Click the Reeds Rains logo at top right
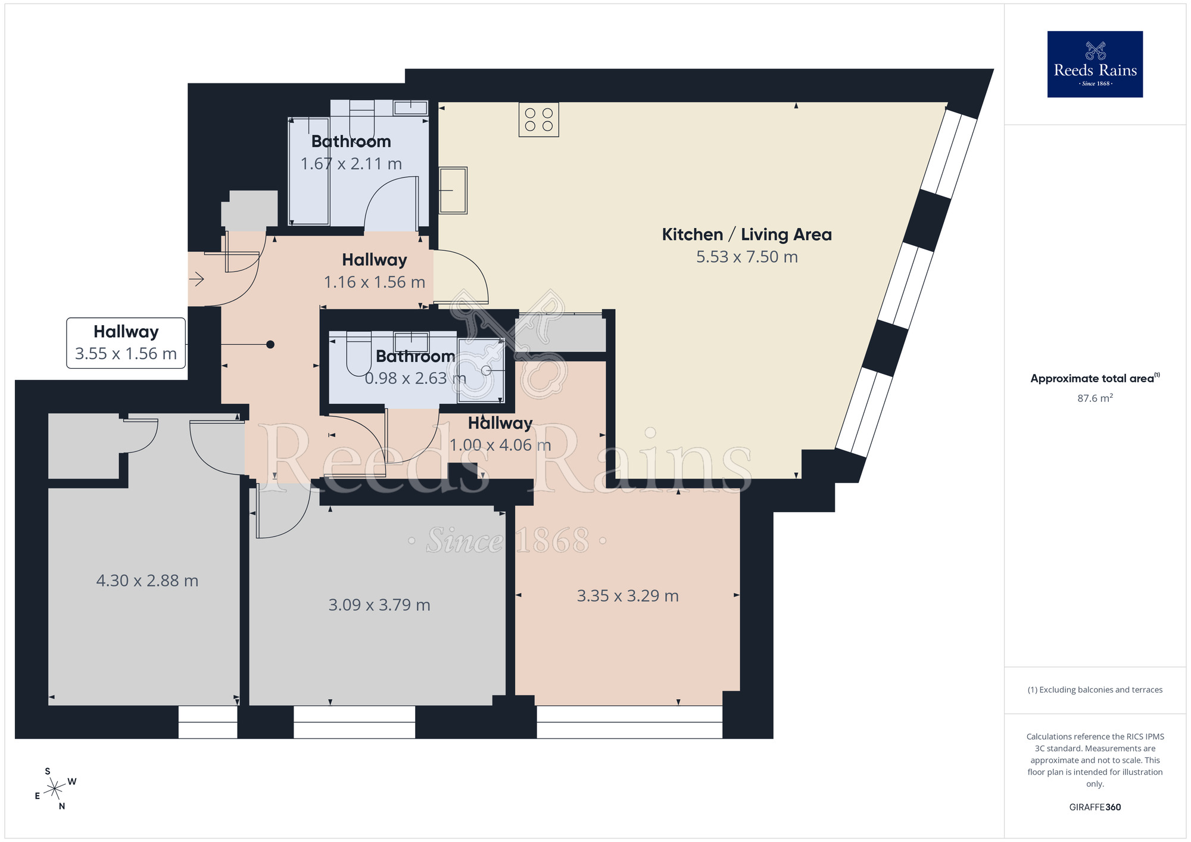pyautogui.click(x=1095, y=64)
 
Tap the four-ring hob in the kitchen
pyautogui.click(x=538, y=120)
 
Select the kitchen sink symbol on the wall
pyautogui.click(x=453, y=190)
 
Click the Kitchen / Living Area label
pyautogui.click(x=747, y=235)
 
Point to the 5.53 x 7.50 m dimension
pyautogui.click(x=747, y=257)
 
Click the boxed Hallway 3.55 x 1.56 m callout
pyautogui.click(x=126, y=343)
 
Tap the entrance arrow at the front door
pyautogui.click(x=197, y=279)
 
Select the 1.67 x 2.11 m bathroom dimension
pyautogui.click(x=351, y=164)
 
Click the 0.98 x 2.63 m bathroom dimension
pyautogui.click(x=415, y=379)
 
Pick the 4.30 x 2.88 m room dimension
pyautogui.click(x=147, y=581)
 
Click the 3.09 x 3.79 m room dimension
pyautogui.click(x=379, y=605)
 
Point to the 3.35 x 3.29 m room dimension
pyautogui.click(x=628, y=596)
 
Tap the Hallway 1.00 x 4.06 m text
pyautogui.click(x=500, y=434)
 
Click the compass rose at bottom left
pyautogui.click(x=55, y=789)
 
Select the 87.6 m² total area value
pyautogui.click(x=1095, y=398)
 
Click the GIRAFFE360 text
pyautogui.click(x=1095, y=807)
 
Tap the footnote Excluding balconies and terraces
pyautogui.click(x=1095, y=690)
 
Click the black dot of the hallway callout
pyautogui.click(x=270, y=344)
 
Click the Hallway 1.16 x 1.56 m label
pyautogui.click(x=375, y=271)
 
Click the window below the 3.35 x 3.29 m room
pyautogui.click(x=629, y=722)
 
